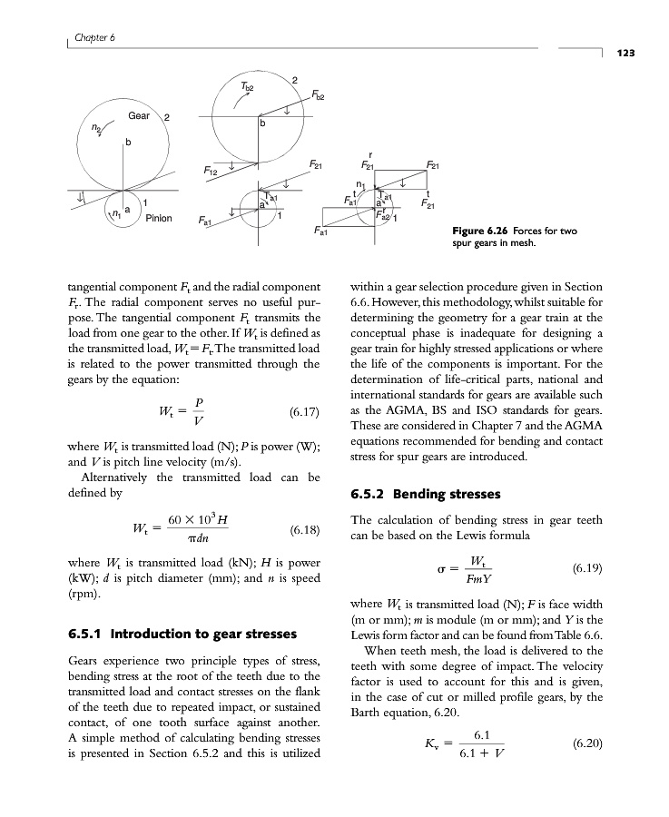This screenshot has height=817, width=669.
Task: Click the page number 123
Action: pos(624,54)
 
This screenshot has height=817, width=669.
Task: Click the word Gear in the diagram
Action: pos(139,116)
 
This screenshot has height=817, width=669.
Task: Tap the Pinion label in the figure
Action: pos(159,218)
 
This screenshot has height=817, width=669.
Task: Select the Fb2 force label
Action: pos(319,94)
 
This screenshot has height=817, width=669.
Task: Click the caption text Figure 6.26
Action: pos(481,231)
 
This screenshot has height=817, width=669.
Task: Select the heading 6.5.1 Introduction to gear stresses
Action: pos(186,634)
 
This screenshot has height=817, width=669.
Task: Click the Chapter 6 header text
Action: pos(88,37)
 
